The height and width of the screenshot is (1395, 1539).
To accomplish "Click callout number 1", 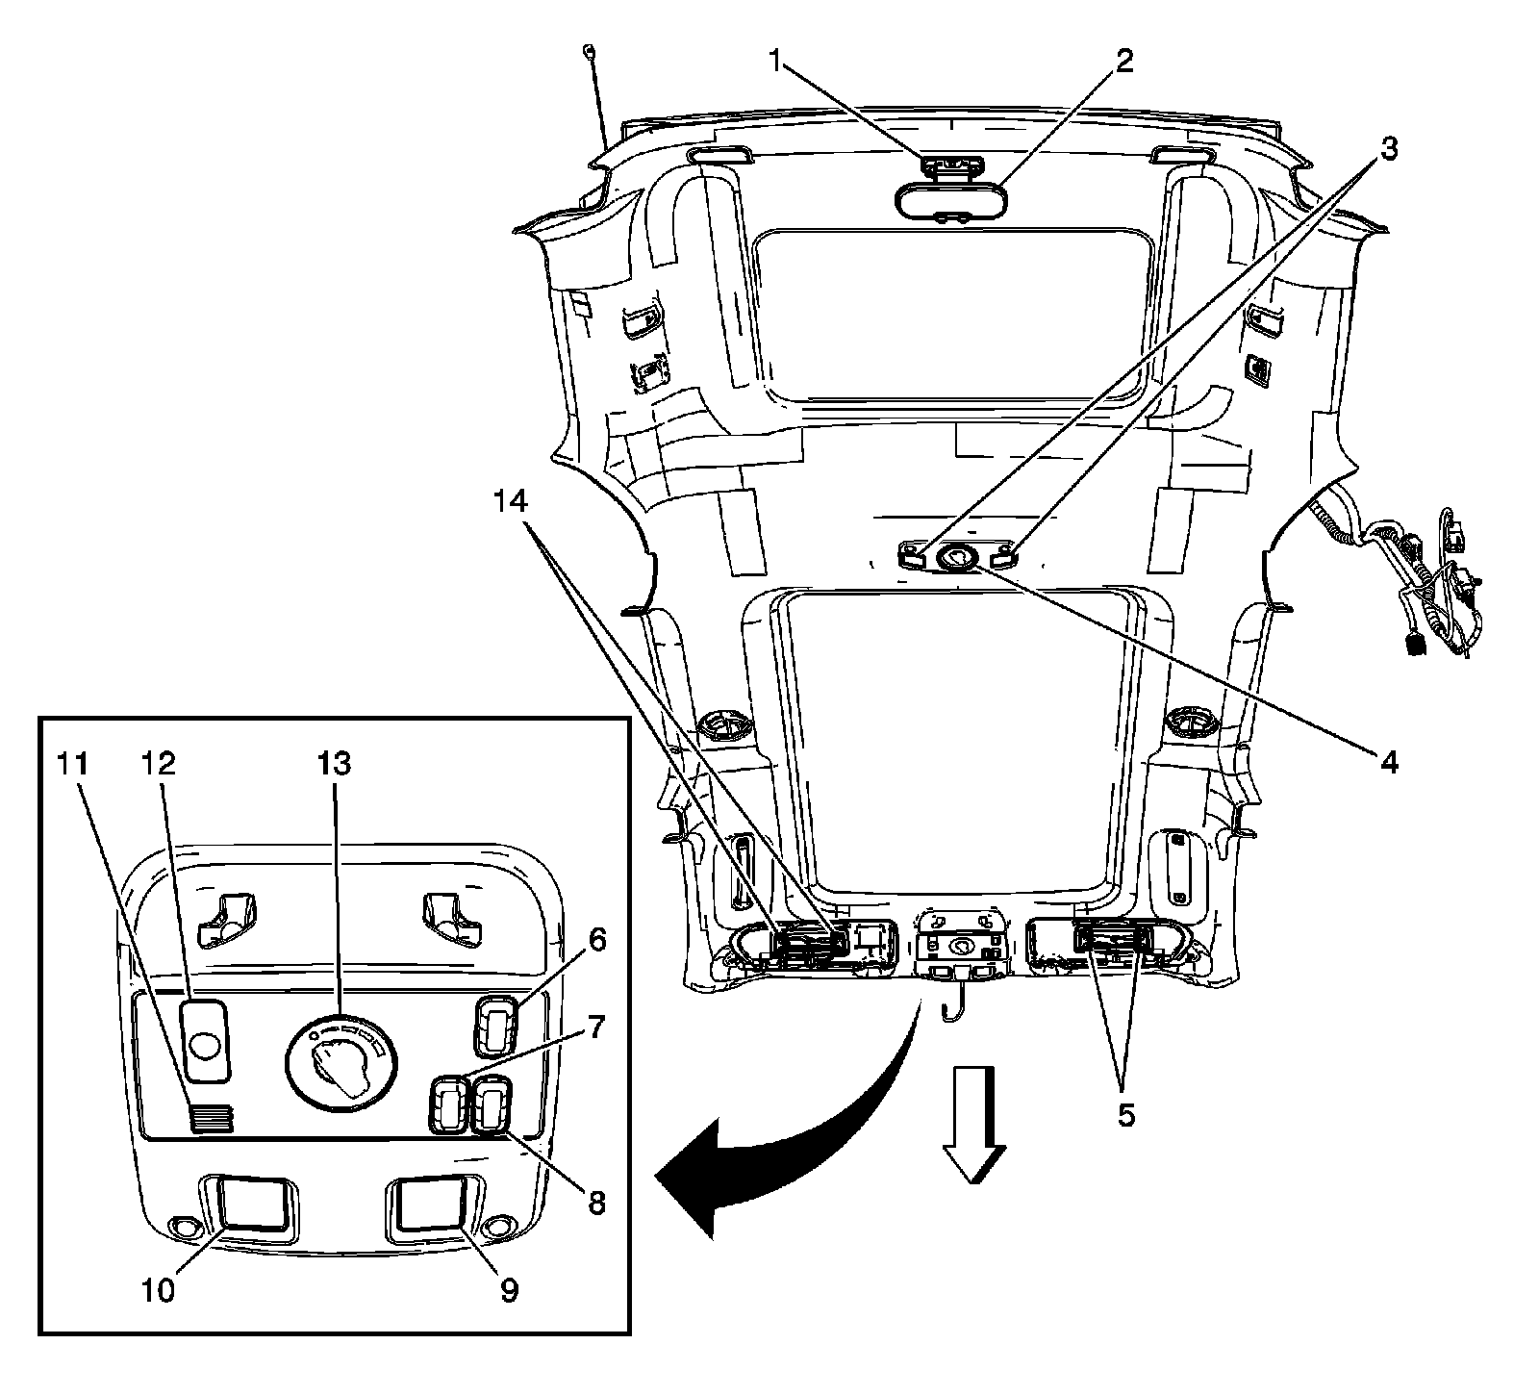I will pyautogui.click(x=775, y=62).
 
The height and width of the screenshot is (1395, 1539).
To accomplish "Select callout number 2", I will pyautogui.click(x=1123, y=62).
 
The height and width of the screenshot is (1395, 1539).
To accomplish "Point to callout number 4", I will pyautogui.click(x=1387, y=763).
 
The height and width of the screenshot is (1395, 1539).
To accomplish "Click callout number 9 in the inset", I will pyautogui.click(x=508, y=1290).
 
